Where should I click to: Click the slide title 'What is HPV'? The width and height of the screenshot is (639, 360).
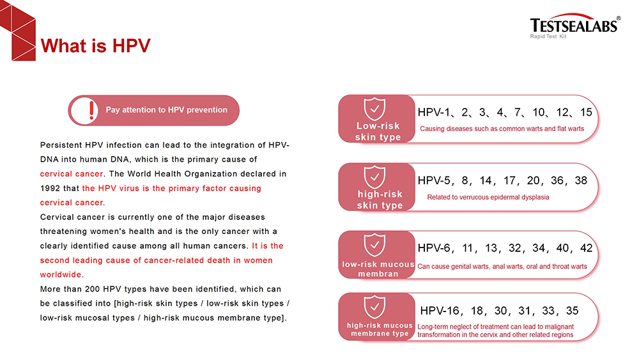point(95,46)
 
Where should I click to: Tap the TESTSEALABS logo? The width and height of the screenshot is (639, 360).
point(573,24)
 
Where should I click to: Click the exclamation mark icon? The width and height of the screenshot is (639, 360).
point(92,110)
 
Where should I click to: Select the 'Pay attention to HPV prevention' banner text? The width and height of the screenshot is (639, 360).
point(166,110)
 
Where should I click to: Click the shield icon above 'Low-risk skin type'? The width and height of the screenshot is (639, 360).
point(374,109)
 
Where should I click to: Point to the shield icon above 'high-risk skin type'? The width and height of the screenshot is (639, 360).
point(374,178)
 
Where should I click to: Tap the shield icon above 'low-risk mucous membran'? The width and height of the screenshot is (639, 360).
point(374,245)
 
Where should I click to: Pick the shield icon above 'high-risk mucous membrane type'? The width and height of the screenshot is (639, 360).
point(374,307)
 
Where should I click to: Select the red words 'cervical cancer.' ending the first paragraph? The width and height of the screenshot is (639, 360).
point(72,203)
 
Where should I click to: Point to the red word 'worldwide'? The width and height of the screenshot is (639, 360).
point(61,274)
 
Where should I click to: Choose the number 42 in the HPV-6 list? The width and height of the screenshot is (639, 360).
point(586,248)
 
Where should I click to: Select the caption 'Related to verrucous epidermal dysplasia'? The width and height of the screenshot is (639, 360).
point(488,197)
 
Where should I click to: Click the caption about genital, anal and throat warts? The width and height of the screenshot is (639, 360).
point(502,266)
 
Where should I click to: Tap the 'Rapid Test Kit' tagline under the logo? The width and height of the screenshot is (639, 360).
point(548,36)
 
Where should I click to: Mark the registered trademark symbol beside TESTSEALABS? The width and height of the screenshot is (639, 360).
point(618,17)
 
